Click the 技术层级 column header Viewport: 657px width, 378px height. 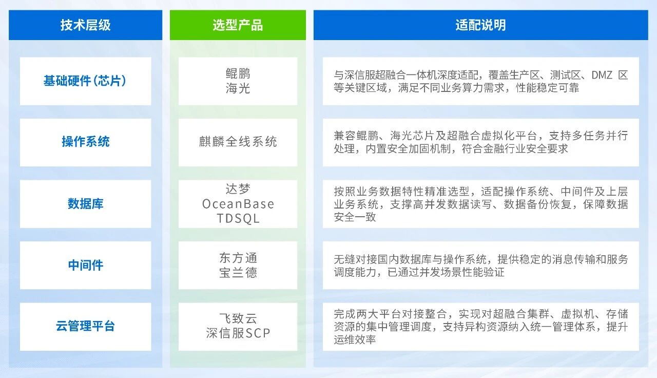coord(85,25)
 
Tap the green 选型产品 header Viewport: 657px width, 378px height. coord(238,25)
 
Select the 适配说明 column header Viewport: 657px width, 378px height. coord(480,25)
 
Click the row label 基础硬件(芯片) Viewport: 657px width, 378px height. coord(85,81)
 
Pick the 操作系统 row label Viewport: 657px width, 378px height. coord(85,142)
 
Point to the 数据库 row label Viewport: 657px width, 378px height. coord(85,204)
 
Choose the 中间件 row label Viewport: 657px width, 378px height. coord(85,265)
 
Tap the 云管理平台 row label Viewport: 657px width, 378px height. coord(85,326)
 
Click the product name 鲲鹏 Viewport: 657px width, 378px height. coord(238,74)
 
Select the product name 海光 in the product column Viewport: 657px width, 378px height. coord(238,88)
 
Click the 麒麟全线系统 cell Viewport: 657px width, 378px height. coord(238,142)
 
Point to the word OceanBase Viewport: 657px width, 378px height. coord(238,204)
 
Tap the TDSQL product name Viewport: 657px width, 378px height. coord(238,218)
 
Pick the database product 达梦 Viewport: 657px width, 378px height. coord(238,189)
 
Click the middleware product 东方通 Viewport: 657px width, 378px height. coord(238,258)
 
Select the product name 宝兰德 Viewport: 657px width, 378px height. coord(238,273)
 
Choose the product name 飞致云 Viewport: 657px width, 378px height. coord(238,319)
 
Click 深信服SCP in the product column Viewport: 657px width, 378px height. coord(238,333)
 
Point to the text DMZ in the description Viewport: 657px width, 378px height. coord(602,75)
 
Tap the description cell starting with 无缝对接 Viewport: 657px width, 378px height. coord(480,266)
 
